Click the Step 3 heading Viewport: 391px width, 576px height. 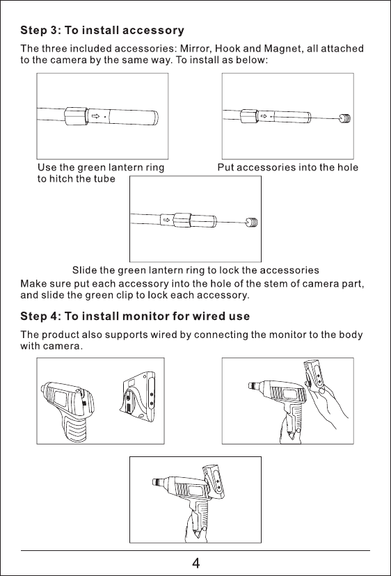tap(102, 30)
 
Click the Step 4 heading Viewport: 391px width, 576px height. tap(135, 317)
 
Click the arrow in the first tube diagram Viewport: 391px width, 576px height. tap(95, 116)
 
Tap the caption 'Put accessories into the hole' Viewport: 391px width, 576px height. tap(288, 168)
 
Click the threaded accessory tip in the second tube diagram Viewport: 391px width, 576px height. tap(344, 118)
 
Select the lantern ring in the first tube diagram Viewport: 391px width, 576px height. tap(76, 116)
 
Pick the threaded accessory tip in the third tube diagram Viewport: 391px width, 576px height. tap(252, 222)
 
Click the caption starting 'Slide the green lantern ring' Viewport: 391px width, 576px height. tap(195, 271)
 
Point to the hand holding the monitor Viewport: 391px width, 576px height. tap(329, 407)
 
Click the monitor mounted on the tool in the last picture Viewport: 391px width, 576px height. tap(214, 482)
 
